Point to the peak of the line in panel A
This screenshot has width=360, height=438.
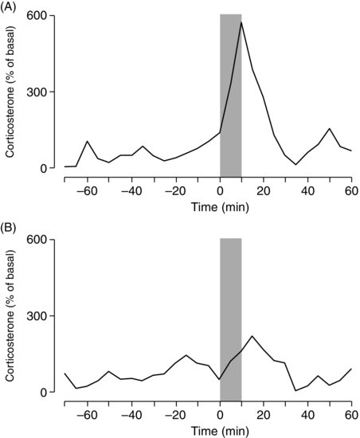[241, 22]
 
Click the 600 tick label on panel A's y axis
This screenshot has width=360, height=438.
[38, 16]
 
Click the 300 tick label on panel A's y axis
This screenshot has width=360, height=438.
[38, 92]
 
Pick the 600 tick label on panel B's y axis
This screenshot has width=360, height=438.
[38, 240]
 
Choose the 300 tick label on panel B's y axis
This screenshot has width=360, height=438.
[38, 316]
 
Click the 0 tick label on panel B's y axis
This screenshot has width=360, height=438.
[45, 393]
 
